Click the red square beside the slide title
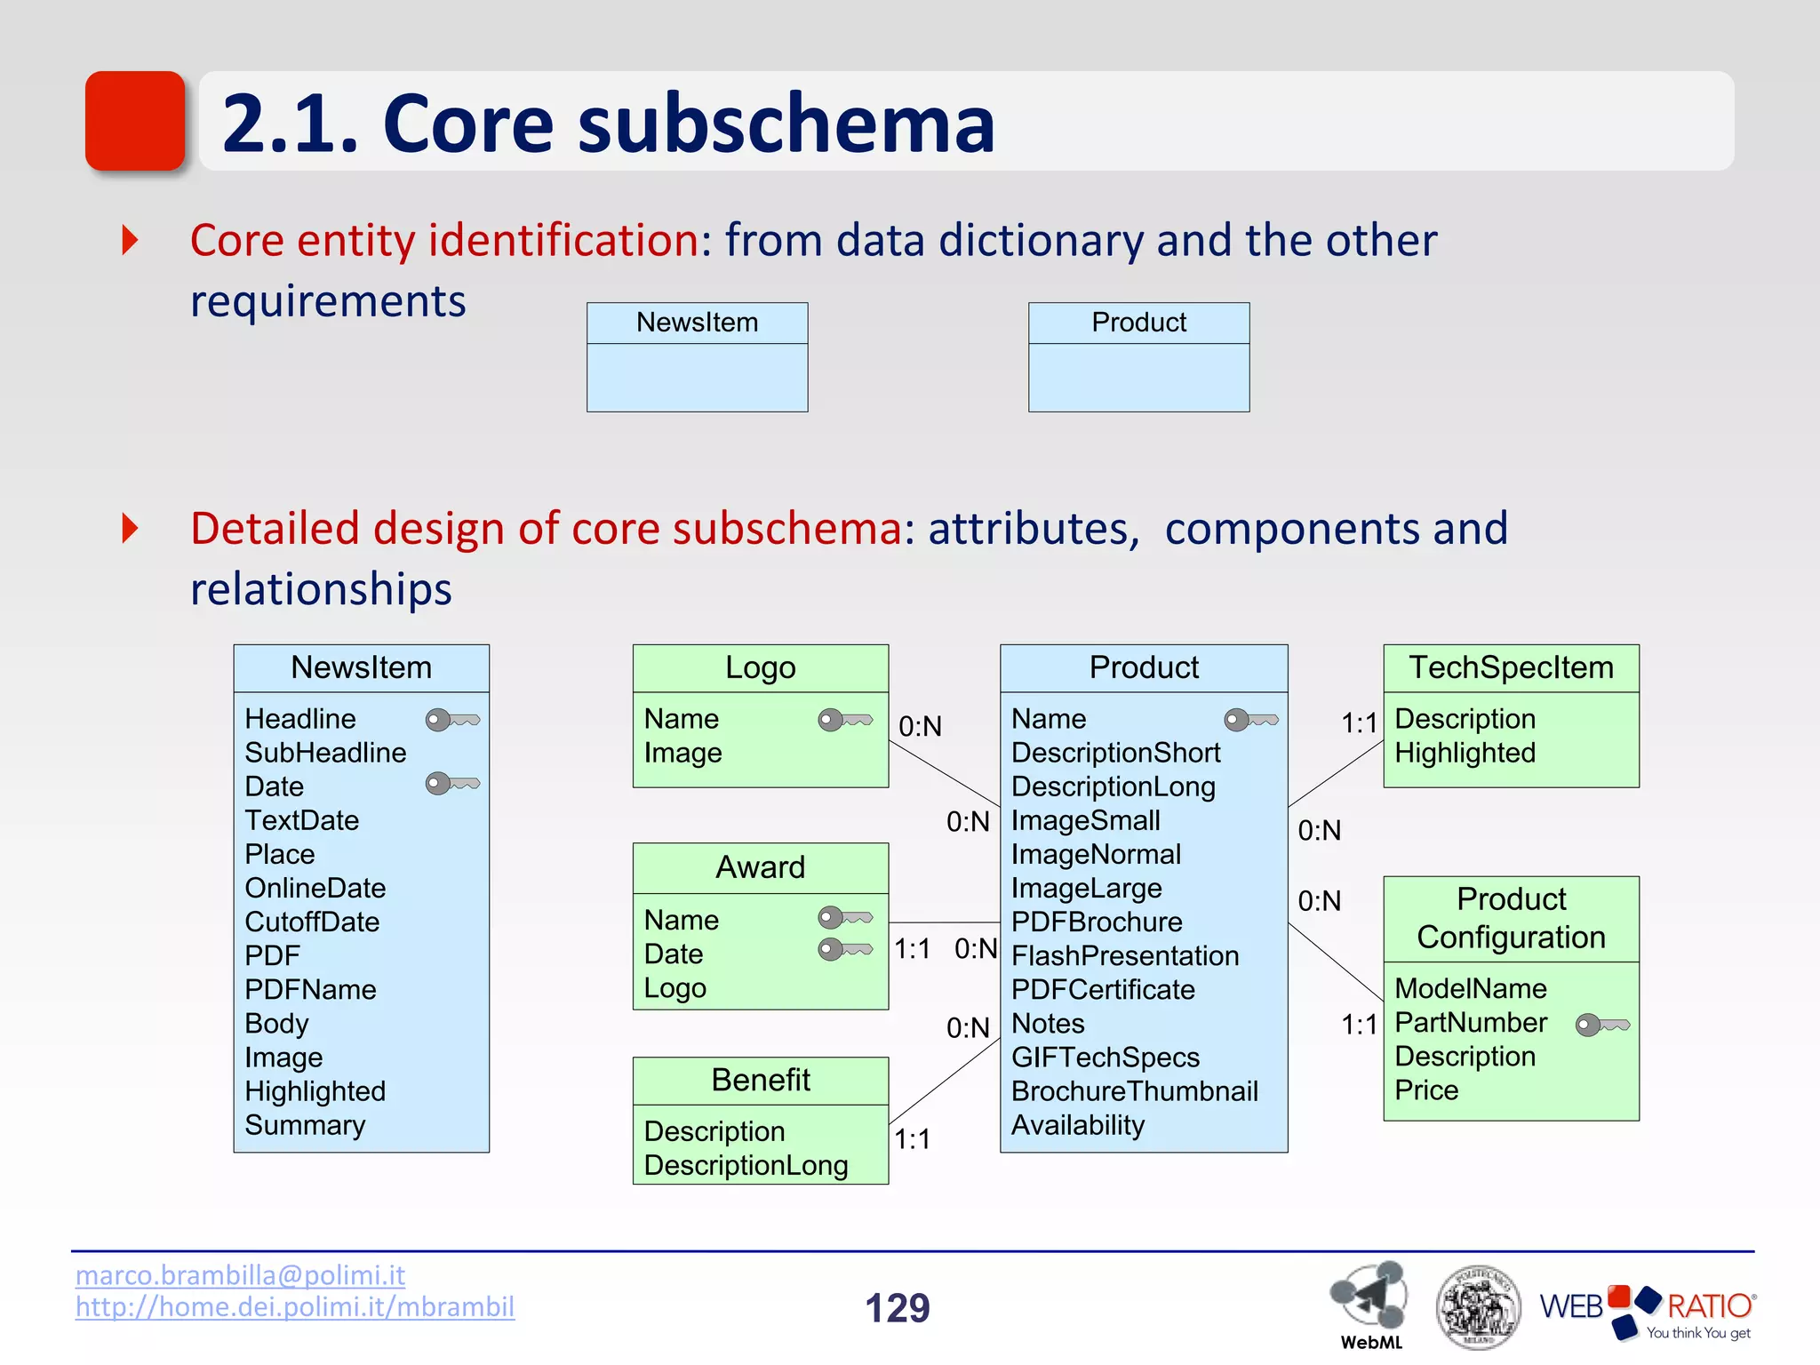(135, 121)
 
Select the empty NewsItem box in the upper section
(697, 357)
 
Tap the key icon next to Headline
(452, 719)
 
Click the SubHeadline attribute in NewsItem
(325, 753)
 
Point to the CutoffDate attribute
(312, 922)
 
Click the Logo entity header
(760, 668)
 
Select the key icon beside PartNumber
(1602, 1025)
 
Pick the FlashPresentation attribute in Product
(1125, 955)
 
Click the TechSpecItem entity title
(1511, 668)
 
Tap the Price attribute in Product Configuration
(1426, 1090)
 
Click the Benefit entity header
(760, 1081)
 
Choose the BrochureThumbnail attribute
(1134, 1091)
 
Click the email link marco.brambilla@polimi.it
(240, 1275)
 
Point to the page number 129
(898, 1308)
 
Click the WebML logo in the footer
(1369, 1303)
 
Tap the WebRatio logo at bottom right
(1647, 1310)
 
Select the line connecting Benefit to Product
(944, 1082)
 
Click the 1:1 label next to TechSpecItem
(1359, 723)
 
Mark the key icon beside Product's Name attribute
(1251, 719)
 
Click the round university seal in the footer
(1478, 1307)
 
